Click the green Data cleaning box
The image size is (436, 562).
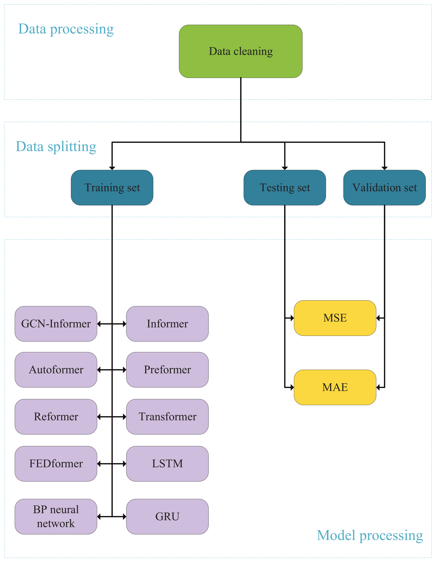point(240,51)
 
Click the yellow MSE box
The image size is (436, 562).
point(335,318)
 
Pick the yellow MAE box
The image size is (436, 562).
point(335,387)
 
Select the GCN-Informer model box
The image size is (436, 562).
point(56,324)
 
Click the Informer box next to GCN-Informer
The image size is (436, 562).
point(167,324)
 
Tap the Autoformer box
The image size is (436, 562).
point(56,370)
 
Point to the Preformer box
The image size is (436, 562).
point(167,370)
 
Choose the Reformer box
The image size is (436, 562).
point(56,417)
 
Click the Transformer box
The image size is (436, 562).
point(167,417)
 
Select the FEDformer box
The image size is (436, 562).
point(56,463)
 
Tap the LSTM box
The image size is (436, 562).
point(167,463)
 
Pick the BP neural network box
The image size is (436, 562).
point(56,516)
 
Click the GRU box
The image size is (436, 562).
point(167,516)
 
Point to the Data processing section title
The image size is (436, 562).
point(66,29)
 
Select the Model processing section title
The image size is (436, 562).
point(370,535)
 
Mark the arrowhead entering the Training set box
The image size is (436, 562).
point(112,168)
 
